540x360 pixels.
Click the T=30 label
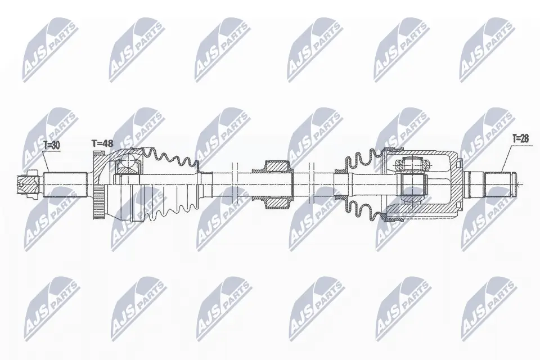tap(51, 145)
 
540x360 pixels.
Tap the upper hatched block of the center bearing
tap(277, 167)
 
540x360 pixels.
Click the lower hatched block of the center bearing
tap(277, 201)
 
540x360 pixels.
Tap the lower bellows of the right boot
tap(360, 209)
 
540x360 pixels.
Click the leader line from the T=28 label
tap(506, 157)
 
